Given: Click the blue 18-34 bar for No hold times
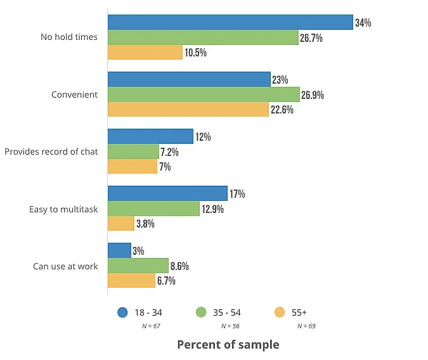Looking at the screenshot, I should click(230, 22).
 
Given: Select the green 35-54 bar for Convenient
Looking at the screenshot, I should click(203, 94).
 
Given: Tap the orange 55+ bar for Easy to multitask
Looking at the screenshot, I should click(120, 223).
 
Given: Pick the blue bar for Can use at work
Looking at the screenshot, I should click(119, 250).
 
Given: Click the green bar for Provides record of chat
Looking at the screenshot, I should click(133, 151).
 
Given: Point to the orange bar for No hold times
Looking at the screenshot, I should click(145, 52).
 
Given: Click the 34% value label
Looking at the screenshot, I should click(363, 23).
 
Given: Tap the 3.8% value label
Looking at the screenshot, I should click(145, 224).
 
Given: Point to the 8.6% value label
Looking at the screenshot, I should click(179, 266).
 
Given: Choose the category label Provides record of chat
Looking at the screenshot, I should click(51, 152).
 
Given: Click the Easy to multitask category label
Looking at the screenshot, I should click(63, 209).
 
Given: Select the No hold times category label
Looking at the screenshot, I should click(69, 37).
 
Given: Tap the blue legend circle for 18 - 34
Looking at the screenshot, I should click(123, 312).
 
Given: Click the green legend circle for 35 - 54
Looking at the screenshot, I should click(202, 312).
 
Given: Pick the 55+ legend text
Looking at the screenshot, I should click(299, 312).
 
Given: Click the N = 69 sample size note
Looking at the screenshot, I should click(307, 326).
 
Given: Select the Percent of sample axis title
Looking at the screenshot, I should click(228, 345).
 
